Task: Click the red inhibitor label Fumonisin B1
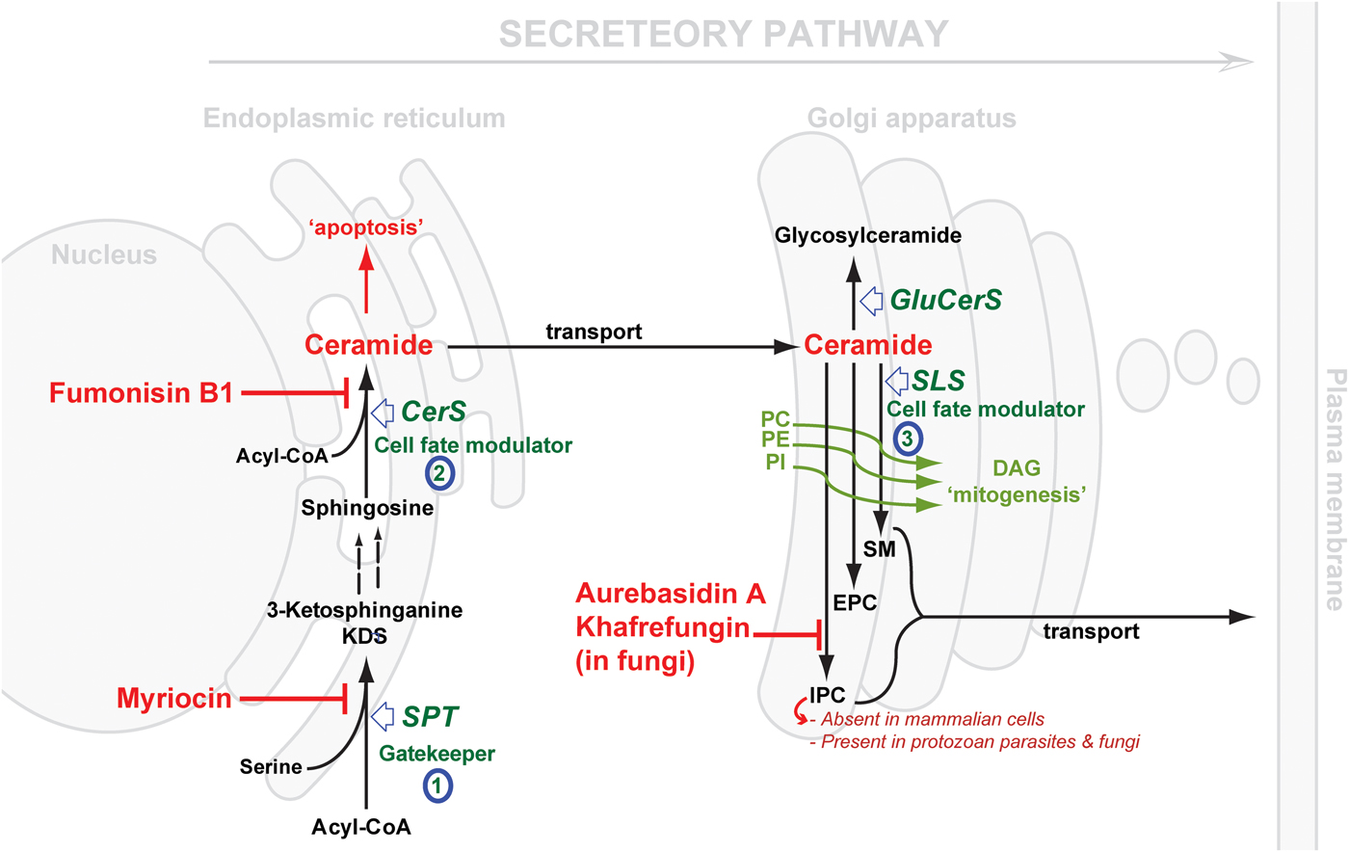[x=142, y=393]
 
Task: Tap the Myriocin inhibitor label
[x=174, y=699]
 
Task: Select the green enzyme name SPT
[x=430, y=717]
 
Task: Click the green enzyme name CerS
[x=434, y=413]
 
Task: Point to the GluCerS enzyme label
[x=945, y=301]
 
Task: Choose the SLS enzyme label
[x=939, y=381]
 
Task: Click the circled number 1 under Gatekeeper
[x=436, y=785]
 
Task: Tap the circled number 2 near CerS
[x=439, y=473]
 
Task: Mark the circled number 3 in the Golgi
[x=907, y=439]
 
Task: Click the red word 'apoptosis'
[x=366, y=227]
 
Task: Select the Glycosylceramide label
[x=868, y=235]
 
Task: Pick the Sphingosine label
[x=367, y=508]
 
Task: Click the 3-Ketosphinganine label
[x=364, y=610]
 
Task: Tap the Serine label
[x=271, y=767]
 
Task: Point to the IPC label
[x=827, y=695]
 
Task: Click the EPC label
[x=855, y=603]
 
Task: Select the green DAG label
[x=1017, y=468]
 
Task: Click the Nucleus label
[x=104, y=255]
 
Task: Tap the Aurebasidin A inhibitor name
[x=671, y=594]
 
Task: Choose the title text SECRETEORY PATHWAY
[x=724, y=35]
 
